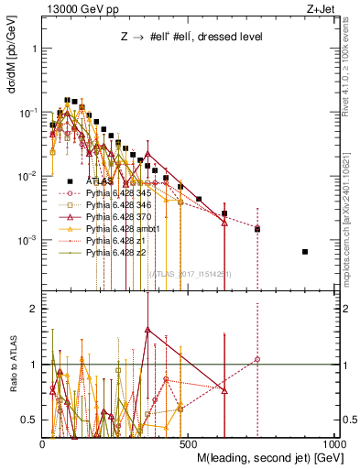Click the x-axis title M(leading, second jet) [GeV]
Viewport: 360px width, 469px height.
coord(266,456)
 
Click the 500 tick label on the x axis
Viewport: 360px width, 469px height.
coord(190,442)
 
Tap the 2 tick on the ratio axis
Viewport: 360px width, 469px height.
coord(34,309)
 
